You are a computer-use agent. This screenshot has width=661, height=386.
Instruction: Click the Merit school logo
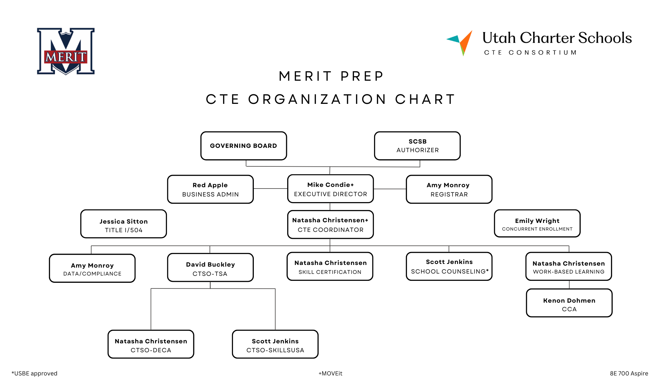click(66, 51)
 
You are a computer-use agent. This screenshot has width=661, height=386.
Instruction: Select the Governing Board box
click(244, 146)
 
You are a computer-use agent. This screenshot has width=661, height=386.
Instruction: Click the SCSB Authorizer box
click(417, 146)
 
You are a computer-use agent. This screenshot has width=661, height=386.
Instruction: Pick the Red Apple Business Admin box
click(211, 189)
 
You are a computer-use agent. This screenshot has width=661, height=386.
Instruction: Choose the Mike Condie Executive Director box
click(330, 189)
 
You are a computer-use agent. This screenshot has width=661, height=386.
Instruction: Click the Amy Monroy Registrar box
click(449, 189)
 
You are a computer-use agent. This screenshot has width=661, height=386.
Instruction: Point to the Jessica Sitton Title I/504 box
click(124, 224)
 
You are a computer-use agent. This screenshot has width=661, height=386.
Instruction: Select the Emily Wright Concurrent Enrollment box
click(537, 224)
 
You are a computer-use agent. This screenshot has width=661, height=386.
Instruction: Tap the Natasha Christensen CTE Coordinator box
click(330, 225)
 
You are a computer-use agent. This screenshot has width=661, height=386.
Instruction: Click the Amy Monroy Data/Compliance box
click(92, 268)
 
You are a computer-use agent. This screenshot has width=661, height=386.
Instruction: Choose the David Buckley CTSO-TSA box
click(211, 268)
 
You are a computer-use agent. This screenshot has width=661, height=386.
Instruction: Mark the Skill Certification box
click(330, 267)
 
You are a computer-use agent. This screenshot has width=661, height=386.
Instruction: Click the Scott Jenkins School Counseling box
click(449, 267)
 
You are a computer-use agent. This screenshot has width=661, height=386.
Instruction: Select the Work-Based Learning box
click(569, 267)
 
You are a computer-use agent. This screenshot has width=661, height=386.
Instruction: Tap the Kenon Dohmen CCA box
click(569, 303)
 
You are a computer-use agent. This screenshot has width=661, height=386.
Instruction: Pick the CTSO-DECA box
click(151, 344)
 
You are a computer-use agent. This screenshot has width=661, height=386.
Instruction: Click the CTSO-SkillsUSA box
click(275, 344)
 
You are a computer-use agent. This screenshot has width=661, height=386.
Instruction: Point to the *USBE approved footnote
click(34, 373)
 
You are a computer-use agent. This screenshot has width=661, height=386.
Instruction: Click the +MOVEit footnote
click(330, 373)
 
